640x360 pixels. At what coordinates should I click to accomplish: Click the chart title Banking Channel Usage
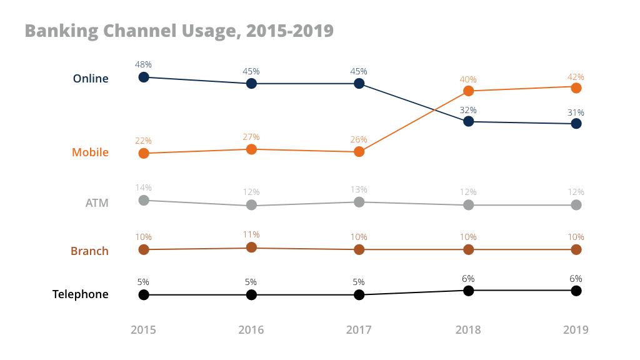[179, 31]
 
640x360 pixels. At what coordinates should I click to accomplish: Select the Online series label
[91, 79]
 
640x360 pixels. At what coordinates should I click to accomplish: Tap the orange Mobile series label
[90, 152]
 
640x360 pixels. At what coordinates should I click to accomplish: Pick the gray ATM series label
[97, 202]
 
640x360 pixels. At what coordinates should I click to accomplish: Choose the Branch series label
[89, 251]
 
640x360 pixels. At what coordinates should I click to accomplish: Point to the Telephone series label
[80, 294]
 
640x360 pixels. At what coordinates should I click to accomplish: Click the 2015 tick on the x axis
[144, 330]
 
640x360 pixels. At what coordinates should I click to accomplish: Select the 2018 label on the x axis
[468, 330]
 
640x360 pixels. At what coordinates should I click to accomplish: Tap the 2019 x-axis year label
[576, 330]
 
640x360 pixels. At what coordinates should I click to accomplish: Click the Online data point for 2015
[144, 77]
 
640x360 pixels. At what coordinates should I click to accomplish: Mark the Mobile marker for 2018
[468, 91]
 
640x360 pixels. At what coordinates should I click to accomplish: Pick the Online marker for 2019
[576, 124]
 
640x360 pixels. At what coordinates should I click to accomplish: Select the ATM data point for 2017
[359, 202]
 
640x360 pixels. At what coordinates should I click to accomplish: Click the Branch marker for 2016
[251, 247]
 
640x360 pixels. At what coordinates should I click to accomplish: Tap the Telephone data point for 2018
[468, 291]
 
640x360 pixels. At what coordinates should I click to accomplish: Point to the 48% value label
[144, 64]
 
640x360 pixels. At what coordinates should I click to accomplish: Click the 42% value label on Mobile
[576, 77]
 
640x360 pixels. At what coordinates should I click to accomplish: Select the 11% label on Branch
[251, 235]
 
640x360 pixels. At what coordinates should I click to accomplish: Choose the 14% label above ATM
[144, 187]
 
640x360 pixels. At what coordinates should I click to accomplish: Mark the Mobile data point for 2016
[251, 149]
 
